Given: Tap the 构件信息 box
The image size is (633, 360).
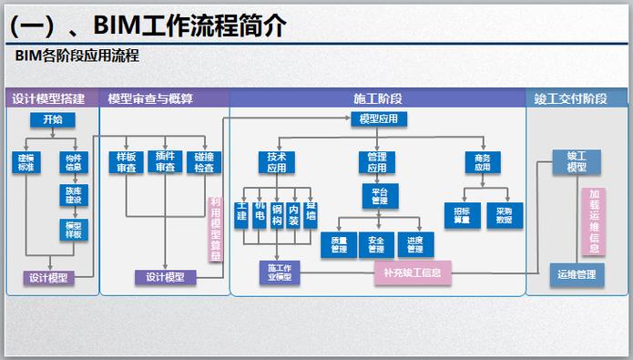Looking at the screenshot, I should (x=73, y=162).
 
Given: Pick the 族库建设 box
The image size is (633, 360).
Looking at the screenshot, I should (x=73, y=195).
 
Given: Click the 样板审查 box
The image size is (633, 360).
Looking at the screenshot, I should (x=125, y=162).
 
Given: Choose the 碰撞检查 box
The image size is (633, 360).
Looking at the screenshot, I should (x=204, y=162).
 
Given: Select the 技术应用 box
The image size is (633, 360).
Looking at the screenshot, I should (x=277, y=162).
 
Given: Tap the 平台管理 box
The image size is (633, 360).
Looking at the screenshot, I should (x=380, y=195).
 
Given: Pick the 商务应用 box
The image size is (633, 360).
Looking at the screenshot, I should (x=483, y=162).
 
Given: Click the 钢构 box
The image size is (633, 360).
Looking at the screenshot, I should (x=277, y=215).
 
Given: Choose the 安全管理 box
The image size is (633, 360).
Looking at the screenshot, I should (x=375, y=243).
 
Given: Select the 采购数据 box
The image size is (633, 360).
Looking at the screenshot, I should (x=504, y=215).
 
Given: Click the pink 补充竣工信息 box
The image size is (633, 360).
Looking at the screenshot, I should (x=413, y=273).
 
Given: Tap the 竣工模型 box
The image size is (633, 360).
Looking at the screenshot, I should (x=577, y=162).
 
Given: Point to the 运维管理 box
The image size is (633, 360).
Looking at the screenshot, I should (x=577, y=273).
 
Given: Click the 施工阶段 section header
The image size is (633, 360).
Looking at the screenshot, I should (x=377, y=98).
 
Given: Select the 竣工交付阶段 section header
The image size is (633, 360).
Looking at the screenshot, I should (x=577, y=98).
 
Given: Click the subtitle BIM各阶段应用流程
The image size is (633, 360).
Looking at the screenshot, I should (x=77, y=57).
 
